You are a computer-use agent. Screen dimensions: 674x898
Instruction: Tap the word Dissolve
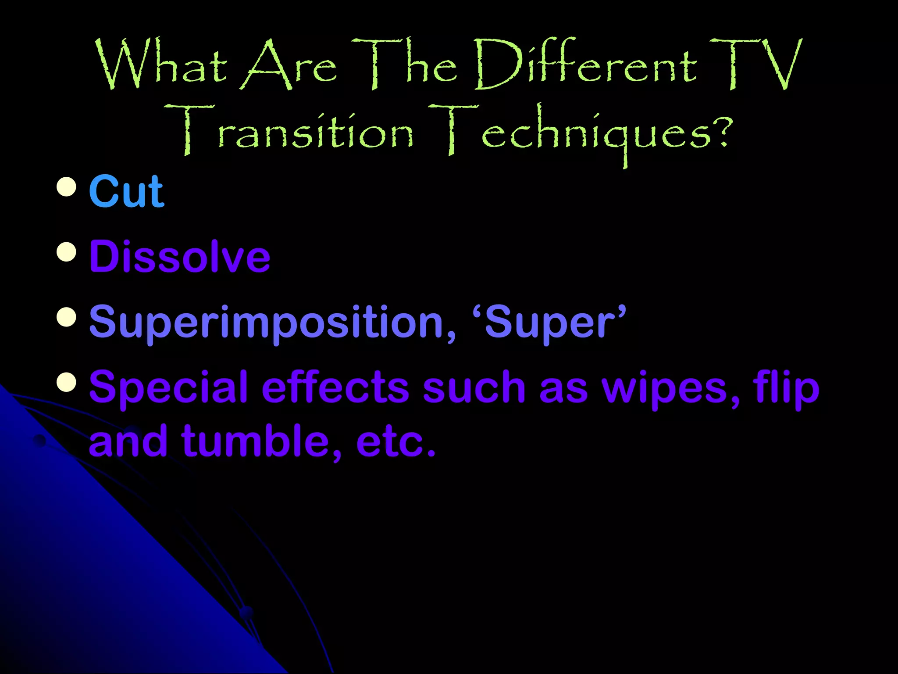[x=180, y=257]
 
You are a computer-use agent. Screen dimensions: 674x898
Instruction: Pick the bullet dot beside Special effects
[x=67, y=382]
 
